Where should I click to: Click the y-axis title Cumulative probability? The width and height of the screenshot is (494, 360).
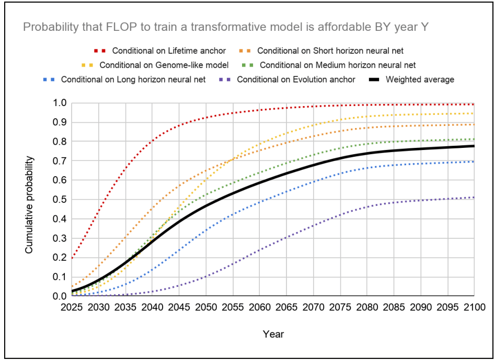29,204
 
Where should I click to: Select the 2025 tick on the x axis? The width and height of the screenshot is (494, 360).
72,306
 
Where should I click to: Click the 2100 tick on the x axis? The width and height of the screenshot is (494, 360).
474,306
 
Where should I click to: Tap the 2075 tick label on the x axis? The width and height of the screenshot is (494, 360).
340,306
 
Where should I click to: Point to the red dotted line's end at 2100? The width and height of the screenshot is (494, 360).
474,104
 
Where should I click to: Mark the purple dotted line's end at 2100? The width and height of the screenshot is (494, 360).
474,198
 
